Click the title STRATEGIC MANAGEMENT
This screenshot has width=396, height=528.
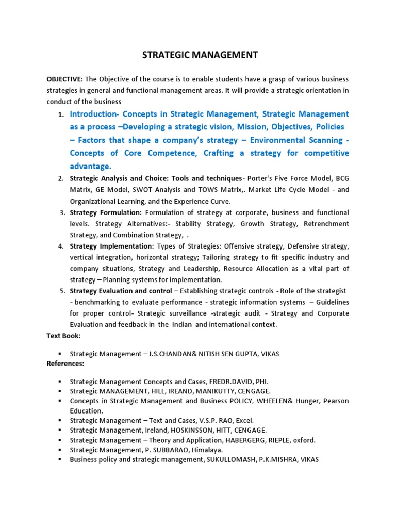click(197, 55)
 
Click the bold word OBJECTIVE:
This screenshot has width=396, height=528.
click(64, 79)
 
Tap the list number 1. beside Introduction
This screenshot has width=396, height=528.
click(61, 114)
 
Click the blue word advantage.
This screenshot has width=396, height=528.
click(91, 166)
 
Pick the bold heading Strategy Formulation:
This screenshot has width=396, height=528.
click(106, 212)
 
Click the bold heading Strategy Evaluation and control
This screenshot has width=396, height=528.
click(121, 291)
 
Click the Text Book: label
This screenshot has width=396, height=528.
click(63, 336)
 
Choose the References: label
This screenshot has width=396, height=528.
click(65, 364)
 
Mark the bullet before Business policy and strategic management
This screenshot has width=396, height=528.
click(60, 460)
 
